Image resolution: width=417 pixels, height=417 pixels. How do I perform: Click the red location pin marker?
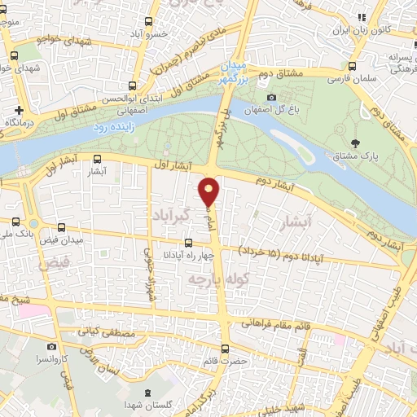209,191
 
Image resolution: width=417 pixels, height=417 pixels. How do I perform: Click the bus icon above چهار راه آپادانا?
189,243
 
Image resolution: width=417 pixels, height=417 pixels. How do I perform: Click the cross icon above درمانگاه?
19,110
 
